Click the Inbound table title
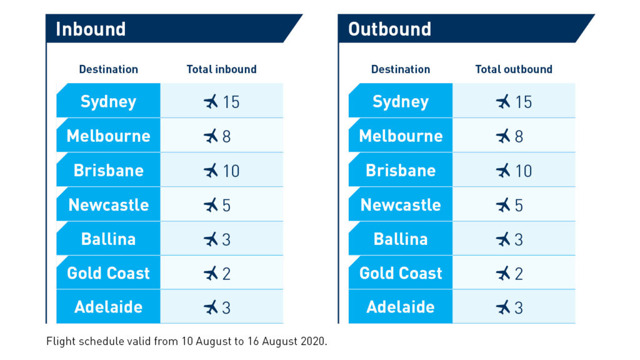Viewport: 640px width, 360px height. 91,29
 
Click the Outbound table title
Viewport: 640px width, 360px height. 389,29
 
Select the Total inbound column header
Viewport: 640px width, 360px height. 222,69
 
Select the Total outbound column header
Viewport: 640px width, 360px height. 514,69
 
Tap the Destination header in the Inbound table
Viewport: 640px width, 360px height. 109,69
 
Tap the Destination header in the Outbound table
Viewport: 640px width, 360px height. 401,69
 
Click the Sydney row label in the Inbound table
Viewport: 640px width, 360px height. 108,102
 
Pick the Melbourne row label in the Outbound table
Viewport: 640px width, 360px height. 401,136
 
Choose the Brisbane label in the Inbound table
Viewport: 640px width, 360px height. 109,171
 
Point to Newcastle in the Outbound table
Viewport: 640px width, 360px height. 401,205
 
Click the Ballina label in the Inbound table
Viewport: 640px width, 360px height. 109,239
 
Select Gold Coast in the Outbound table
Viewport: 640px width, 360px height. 401,274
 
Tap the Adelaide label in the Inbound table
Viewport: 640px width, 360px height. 109,307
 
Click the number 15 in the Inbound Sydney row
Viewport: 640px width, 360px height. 231,102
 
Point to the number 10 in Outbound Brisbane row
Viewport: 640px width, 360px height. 523,171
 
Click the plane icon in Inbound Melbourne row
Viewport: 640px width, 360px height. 211,136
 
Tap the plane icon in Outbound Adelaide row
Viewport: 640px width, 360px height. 503,307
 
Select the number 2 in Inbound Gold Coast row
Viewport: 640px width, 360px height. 226,274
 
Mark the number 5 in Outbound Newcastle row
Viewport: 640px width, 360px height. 519,205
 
